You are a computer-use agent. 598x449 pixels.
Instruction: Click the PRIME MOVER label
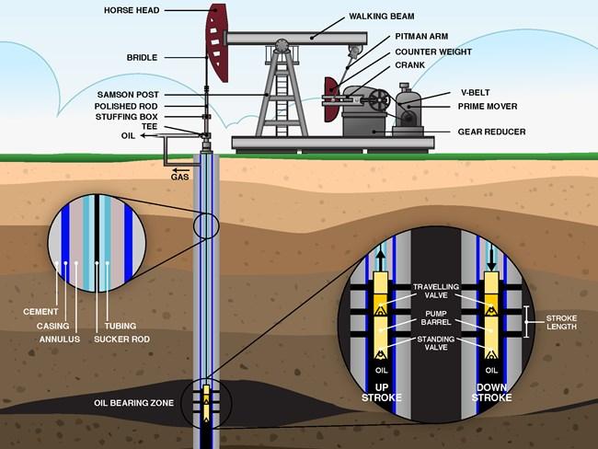(x=488, y=107)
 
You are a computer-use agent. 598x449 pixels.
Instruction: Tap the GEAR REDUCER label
(x=491, y=132)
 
